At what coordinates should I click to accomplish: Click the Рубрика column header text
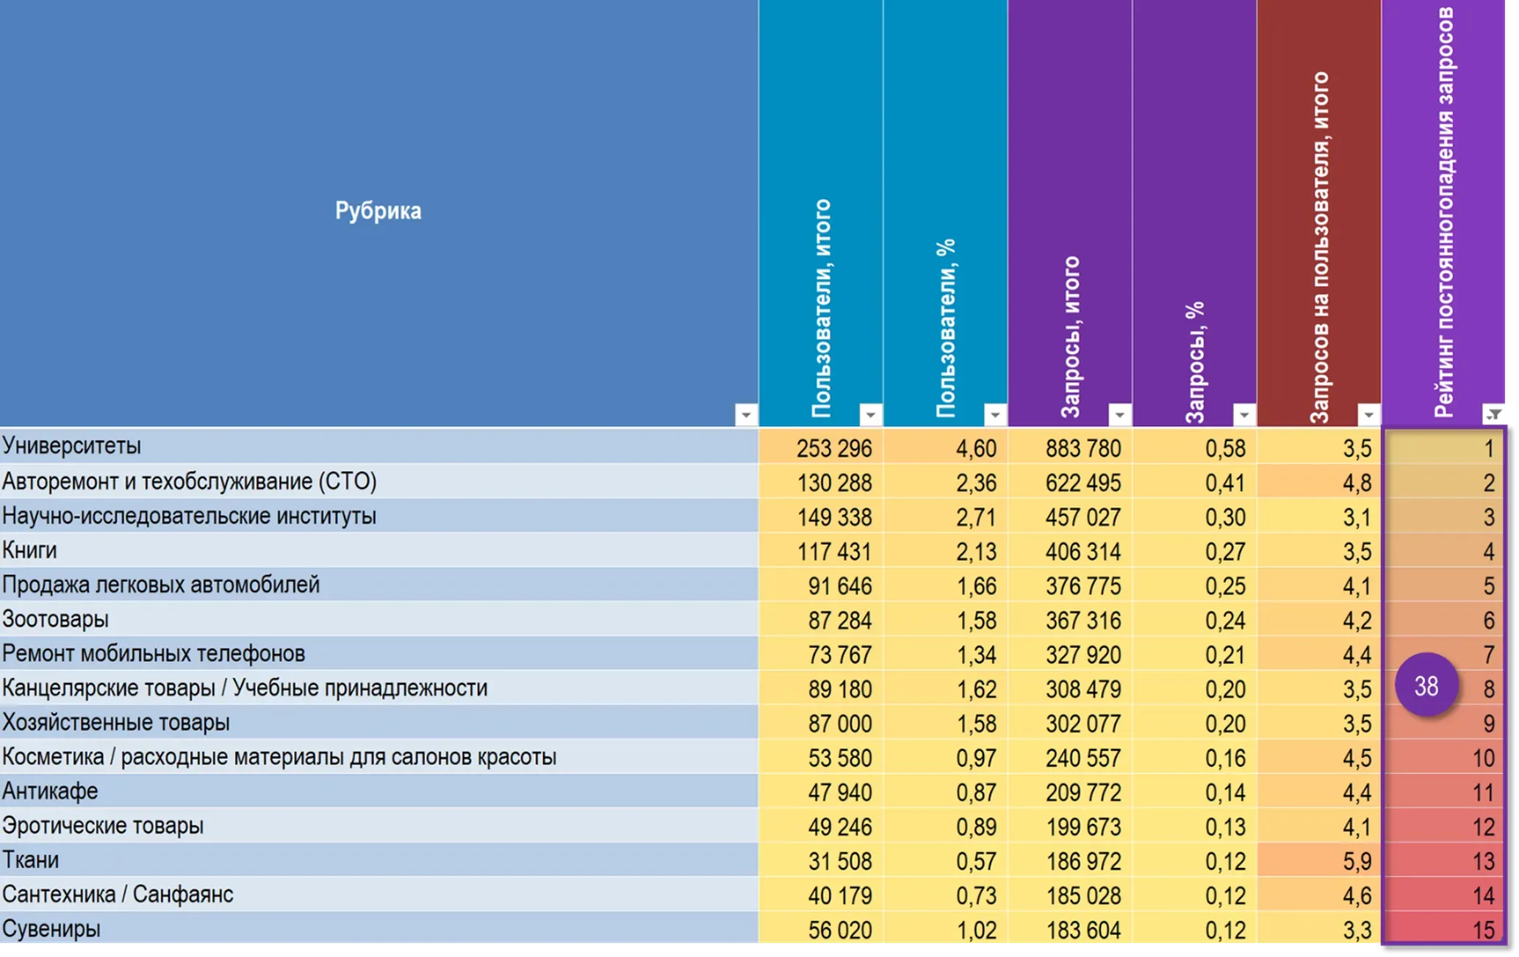point(378,211)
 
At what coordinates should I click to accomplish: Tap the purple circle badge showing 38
point(1426,685)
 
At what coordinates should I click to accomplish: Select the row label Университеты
point(71,446)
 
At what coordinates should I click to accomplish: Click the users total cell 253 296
point(834,447)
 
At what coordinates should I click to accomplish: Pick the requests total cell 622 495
point(1083,483)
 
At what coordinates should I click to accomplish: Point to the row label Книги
point(29,550)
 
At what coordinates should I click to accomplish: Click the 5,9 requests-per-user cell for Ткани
point(1357,861)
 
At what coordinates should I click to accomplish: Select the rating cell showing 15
point(1484,930)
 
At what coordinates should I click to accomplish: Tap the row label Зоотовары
point(56,619)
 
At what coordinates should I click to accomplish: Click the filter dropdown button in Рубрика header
point(746,415)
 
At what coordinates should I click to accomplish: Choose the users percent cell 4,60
point(976,447)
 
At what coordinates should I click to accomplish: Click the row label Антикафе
point(50,791)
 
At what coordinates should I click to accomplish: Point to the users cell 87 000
point(840,723)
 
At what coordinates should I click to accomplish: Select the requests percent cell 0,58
point(1225,447)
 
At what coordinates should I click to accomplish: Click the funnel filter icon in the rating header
point(1494,415)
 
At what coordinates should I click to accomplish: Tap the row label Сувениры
point(51,929)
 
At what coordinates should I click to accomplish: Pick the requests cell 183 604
point(1083,930)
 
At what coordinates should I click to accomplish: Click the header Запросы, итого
point(1071,337)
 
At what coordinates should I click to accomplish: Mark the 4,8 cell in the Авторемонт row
point(1357,483)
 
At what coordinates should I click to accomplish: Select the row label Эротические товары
point(103,826)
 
